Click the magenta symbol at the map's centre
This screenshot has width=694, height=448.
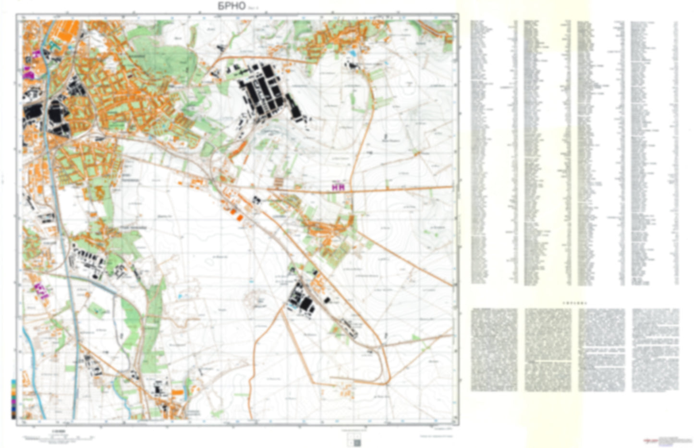click(339, 187)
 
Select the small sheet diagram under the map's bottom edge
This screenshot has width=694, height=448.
click(356, 441)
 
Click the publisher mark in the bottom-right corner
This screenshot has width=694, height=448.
click(663, 440)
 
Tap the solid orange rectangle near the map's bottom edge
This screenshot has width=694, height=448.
click(177, 393)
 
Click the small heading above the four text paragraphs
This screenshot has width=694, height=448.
click(574, 303)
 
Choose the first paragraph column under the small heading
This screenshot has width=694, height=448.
click(494, 349)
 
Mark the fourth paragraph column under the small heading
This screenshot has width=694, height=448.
click(655, 349)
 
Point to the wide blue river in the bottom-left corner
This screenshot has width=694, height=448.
click(34, 375)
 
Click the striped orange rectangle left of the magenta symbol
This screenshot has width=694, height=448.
click(279, 182)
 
